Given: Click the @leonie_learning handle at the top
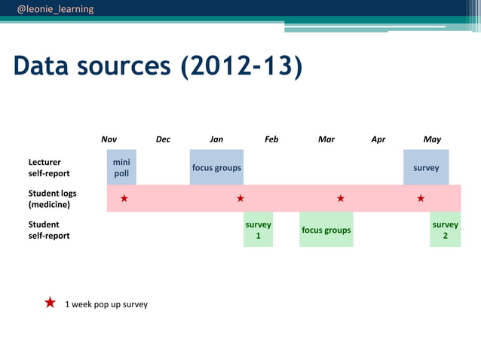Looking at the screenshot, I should tap(56, 9).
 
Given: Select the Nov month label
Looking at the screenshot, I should tap(109, 139).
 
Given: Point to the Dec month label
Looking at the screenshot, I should tap(163, 139).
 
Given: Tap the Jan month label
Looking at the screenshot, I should tap(216, 139).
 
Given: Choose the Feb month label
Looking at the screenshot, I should tap(271, 139).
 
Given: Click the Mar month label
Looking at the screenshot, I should tap(326, 139).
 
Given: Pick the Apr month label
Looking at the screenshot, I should tap(378, 139).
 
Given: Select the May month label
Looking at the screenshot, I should tap(432, 139).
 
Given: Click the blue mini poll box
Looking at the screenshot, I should tap(121, 167).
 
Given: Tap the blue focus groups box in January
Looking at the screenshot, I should tap(216, 167).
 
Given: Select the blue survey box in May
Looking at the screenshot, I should tap(426, 167).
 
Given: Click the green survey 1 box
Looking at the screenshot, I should tap(258, 230).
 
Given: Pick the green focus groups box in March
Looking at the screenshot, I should tap(326, 230).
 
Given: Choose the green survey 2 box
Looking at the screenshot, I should tap(445, 230).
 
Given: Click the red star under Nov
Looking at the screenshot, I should tap(124, 199).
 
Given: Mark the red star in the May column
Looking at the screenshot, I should tap(421, 199).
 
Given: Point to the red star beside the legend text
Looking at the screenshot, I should tap(50, 303).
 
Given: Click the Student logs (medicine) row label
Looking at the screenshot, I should tap(52, 199).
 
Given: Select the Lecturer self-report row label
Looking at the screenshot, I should tap(49, 167).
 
